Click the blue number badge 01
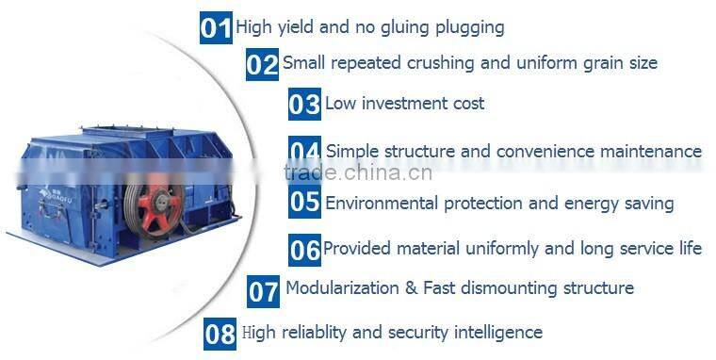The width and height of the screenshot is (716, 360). pyautogui.click(x=216, y=27)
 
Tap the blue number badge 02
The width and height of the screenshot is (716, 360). pyautogui.click(x=262, y=64)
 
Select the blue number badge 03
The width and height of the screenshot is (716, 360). pyautogui.click(x=304, y=104)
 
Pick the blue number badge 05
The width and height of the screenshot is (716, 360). pyautogui.click(x=304, y=202)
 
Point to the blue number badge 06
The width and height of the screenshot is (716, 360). pyautogui.click(x=304, y=250)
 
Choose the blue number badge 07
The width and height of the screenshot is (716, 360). pyautogui.click(x=263, y=290)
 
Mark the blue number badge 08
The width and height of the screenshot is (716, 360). pyautogui.click(x=220, y=334)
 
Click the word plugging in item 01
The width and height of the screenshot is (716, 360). pyautogui.click(x=467, y=27)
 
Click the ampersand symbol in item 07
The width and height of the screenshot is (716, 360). pyautogui.click(x=411, y=287)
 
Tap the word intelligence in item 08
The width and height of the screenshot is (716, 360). pyautogui.click(x=495, y=332)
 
